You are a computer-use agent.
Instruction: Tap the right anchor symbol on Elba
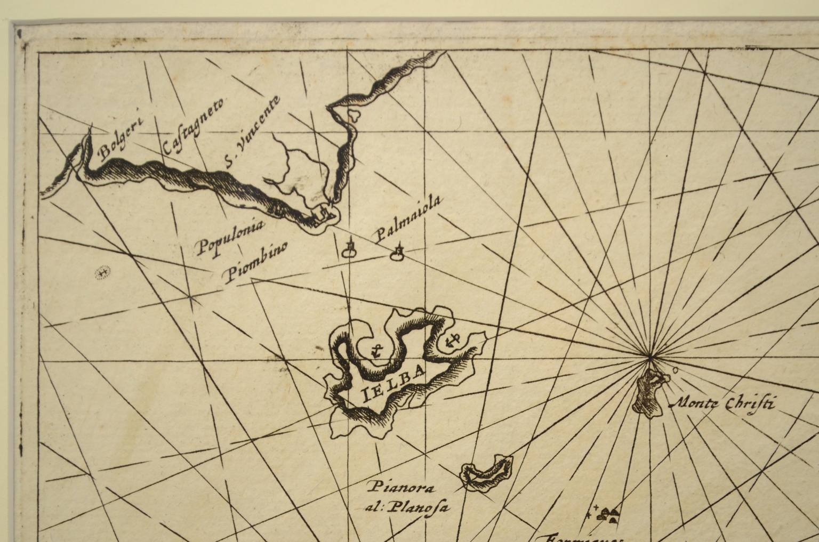pyautogui.click(x=452, y=339)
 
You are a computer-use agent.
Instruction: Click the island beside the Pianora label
pyautogui.click(x=486, y=471)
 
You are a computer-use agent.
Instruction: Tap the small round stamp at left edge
pyautogui.click(x=102, y=273)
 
